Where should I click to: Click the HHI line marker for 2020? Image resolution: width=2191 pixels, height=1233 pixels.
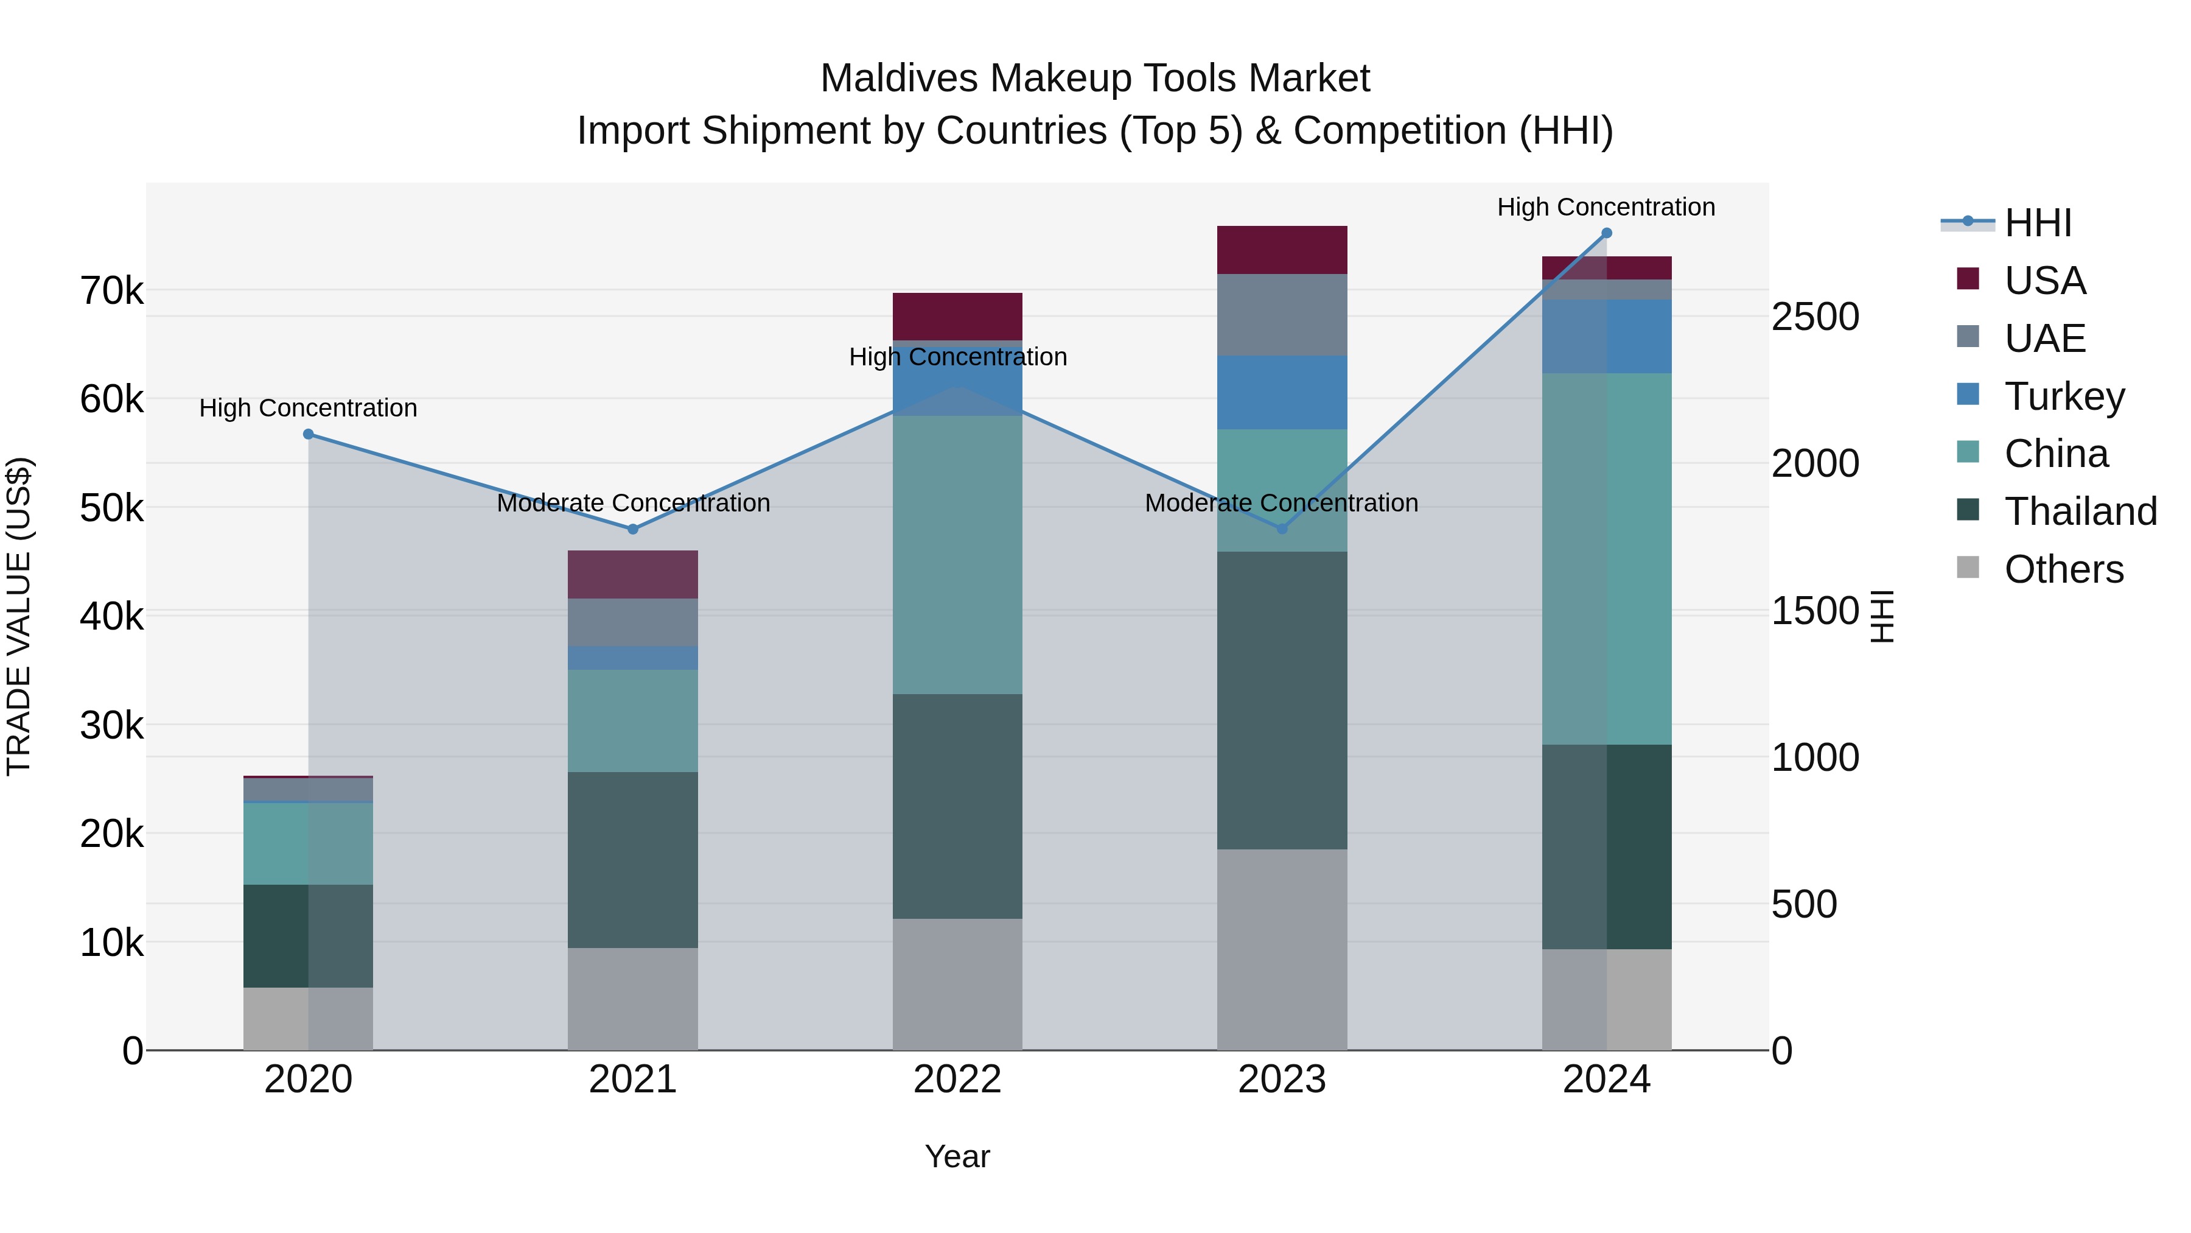[308, 434]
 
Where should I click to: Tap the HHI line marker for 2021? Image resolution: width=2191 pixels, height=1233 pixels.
[633, 529]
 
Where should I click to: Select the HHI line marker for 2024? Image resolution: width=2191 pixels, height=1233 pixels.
[1607, 233]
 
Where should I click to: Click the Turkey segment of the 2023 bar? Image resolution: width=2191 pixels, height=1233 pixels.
[1282, 392]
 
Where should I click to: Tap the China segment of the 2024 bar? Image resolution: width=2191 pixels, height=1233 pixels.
[1607, 558]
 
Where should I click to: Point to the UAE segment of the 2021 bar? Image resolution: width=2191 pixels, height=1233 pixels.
[633, 622]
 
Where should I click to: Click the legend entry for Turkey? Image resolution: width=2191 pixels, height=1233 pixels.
[2064, 396]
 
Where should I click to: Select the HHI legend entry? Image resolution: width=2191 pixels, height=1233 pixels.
[2038, 223]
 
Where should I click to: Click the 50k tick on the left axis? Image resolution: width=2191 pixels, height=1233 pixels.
[111, 509]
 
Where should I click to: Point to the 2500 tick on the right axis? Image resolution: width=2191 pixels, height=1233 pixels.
[1815, 317]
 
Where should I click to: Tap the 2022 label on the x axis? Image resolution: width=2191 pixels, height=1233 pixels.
[957, 1080]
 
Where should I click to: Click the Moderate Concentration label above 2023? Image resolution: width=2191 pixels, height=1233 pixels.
[1281, 503]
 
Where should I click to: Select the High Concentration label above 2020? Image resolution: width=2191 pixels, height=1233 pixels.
[308, 409]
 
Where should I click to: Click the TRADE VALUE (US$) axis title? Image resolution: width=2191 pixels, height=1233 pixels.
[19, 616]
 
